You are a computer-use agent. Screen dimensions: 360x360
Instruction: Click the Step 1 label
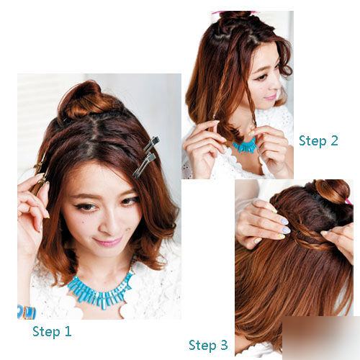point(52,332)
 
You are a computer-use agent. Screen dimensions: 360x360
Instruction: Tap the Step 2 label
point(318,140)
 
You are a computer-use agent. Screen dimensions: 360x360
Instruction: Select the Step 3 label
point(208,345)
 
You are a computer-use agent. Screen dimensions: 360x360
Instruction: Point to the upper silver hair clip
point(152,144)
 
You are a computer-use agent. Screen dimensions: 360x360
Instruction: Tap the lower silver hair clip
point(144,166)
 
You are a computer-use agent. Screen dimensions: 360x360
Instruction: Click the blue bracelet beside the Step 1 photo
point(27,312)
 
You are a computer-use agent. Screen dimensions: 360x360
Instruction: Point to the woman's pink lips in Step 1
point(108,241)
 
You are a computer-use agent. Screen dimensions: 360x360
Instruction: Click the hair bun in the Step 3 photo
point(333,192)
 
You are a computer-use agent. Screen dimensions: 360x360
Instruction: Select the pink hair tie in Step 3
point(348,202)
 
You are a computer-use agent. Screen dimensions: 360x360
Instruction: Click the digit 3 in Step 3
point(223,345)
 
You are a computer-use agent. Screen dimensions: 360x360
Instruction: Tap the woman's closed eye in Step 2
point(261,77)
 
